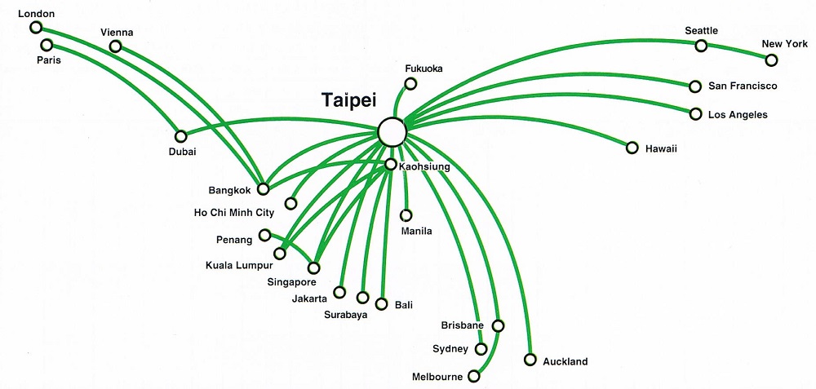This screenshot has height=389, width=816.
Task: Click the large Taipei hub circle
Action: (x=392, y=131)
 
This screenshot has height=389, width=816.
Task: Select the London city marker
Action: (x=36, y=28)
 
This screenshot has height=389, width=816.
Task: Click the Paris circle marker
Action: (x=47, y=45)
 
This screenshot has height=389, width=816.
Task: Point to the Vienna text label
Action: (x=117, y=32)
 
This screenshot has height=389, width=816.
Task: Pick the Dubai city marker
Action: (x=181, y=136)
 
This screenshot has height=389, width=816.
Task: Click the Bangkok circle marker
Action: (x=263, y=189)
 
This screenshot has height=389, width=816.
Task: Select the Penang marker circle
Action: (x=264, y=236)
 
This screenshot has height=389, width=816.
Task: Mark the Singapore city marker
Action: (x=314, y=267)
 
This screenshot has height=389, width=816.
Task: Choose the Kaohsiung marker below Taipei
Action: (x=391, y=165)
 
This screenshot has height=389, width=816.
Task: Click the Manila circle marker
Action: (x=406, y=216)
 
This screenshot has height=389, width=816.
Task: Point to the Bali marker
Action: (x=381, y=304)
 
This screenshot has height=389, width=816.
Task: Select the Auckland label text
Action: (x=565, y=361)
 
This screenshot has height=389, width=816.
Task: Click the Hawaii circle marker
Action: (x=632, y=148)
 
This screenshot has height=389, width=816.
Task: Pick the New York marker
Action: (x=771, y=60)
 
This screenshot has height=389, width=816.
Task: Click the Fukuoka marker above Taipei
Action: (x=410, y=83)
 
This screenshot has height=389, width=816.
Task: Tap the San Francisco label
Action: (x=743, y=86)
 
